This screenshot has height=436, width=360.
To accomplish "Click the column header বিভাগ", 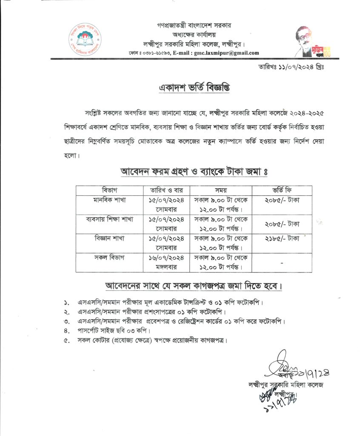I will (109, 190).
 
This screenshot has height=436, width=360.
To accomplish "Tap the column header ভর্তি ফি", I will (282, 190).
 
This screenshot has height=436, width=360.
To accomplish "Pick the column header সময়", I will (221, 190).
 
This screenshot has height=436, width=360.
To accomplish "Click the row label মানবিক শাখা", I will (109, 199).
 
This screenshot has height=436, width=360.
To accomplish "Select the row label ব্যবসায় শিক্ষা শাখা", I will (109, 219).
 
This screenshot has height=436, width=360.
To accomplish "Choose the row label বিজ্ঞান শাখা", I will (109, 238).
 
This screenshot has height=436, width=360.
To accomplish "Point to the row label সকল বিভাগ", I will (109, 258).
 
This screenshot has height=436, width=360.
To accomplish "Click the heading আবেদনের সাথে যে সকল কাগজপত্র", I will (194, 285).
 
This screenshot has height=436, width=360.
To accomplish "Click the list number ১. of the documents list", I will (67, 303).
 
